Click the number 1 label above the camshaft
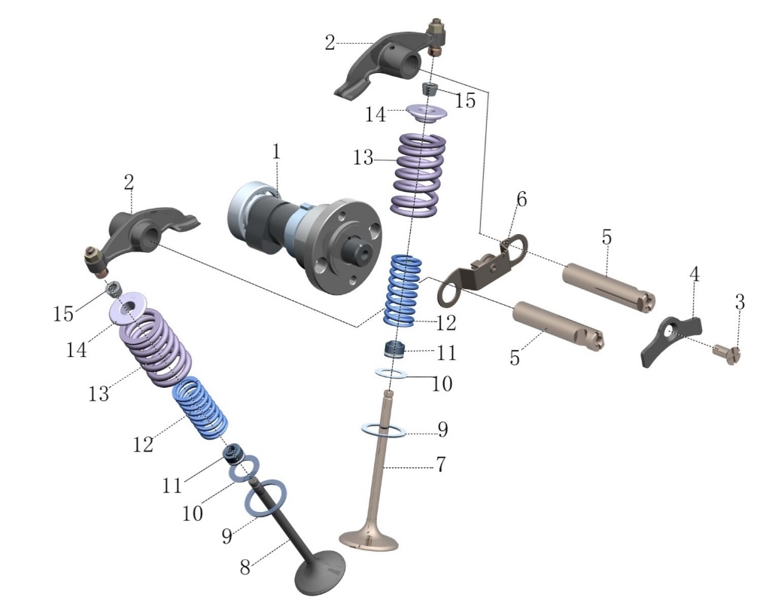(x=276, y=152)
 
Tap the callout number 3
(x=739, y=303)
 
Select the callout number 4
(x=694, y=274)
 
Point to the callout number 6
(x=521, y=199)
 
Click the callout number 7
(x=441, y=464)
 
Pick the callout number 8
(x=245, y=567)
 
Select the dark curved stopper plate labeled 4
(x=671, y=340)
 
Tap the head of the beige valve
(x=369, y=538)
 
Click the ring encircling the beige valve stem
(x=384, y=430)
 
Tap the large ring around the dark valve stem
(x=266, y=498)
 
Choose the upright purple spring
(x=418, y=175)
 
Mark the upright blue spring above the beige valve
(x=403, y=291)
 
